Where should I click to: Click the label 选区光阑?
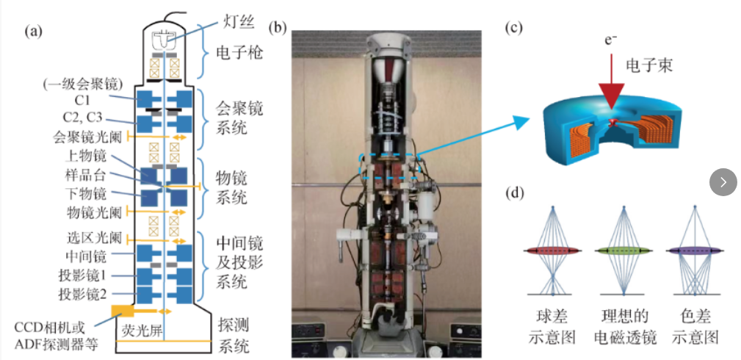click(87, 238)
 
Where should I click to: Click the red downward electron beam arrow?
click(610, 92)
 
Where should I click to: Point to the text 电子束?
click(648, 66)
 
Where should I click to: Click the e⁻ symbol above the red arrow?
click(610, 41)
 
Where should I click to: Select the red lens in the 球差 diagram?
click(552, 251)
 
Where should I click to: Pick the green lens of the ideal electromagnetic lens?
click(623, 251)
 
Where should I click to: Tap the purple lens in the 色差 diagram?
click(694, 251)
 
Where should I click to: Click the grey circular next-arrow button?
click(723, 182)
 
